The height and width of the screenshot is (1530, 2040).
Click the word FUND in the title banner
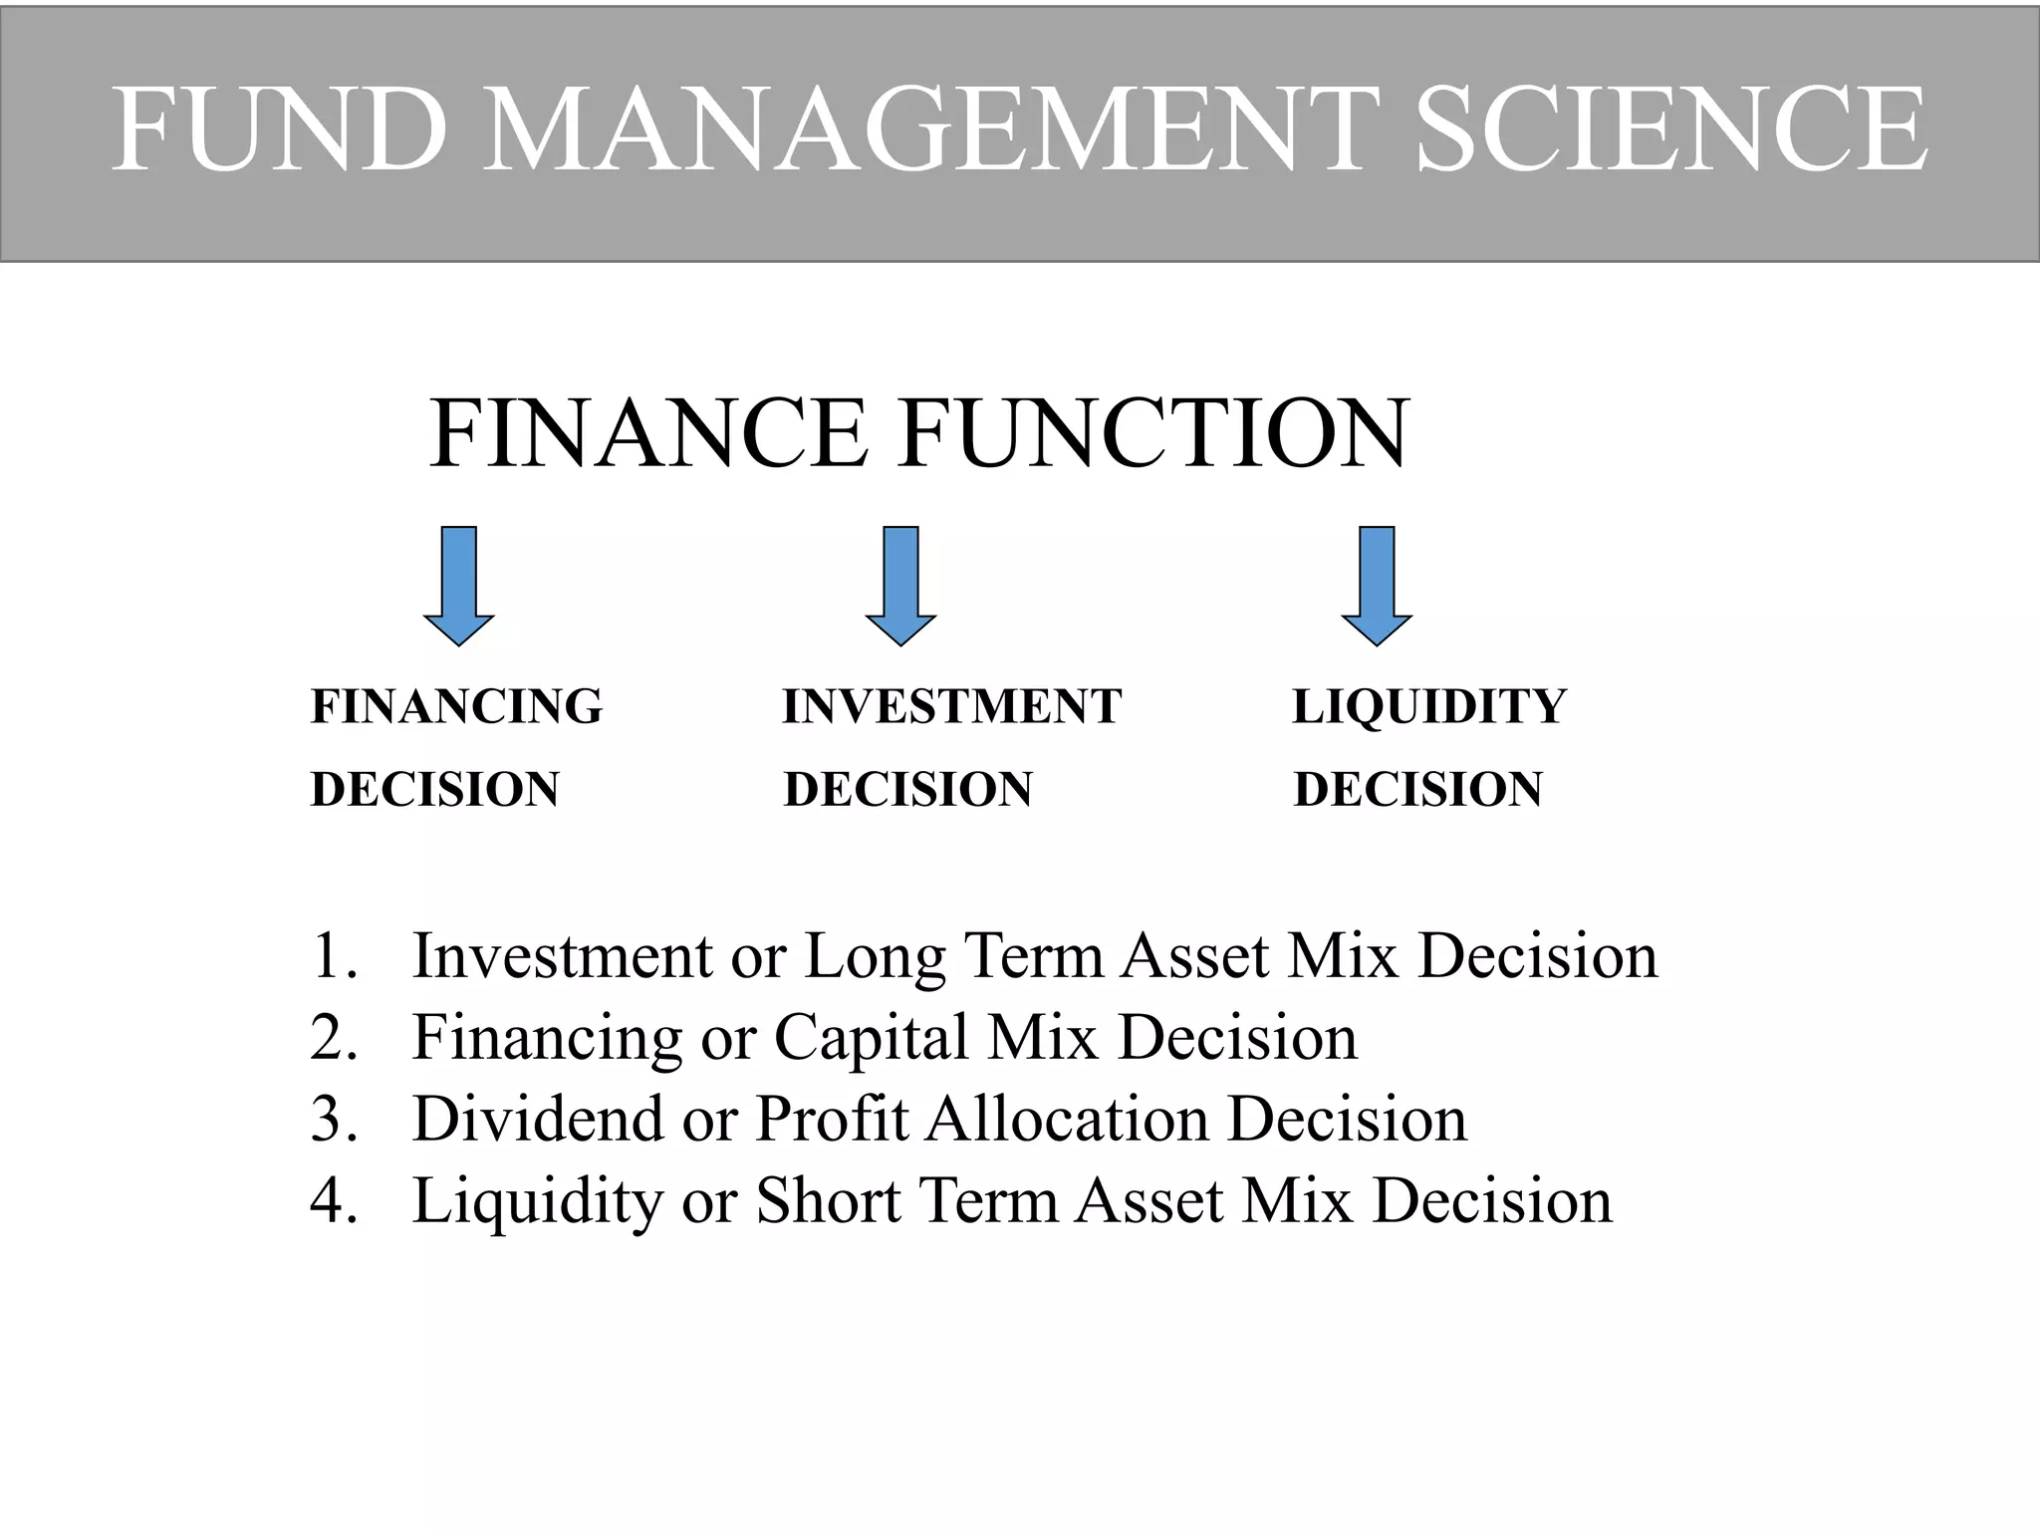pos(279,129)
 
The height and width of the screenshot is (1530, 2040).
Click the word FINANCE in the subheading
pos(647,434)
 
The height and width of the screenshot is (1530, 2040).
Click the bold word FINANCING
pos(456,707)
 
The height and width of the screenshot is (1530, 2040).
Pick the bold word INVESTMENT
pos(952,707)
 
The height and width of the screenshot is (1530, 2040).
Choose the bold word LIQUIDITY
pos(1429,707)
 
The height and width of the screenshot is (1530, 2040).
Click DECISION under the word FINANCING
pos(435,790)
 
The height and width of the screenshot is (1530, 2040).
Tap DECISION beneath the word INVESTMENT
pos(908,790)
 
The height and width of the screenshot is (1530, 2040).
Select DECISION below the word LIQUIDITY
pos(1418,790)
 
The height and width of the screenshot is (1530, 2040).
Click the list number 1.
pos(333,956)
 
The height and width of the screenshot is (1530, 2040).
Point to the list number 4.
pos(333,1200)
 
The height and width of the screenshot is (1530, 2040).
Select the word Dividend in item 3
pos(538,1119)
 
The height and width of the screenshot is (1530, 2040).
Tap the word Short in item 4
pos(829,1200)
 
